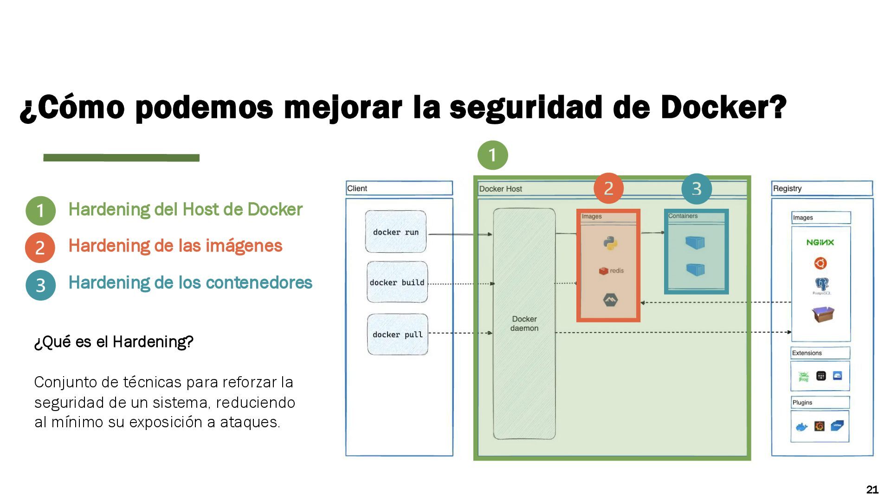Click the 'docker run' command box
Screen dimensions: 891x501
pyautogui.click(x=395, y=232)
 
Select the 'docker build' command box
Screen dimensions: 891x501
pyautogui.click(x=397, y=282)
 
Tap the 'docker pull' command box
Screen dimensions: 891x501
pyautogui.click(x=397, y=334)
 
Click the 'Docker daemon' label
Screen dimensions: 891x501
pyautogui.click(x=524, y=323)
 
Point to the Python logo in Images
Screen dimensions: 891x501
pyautogui.click(x=610, y=243)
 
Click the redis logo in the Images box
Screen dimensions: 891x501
pyautogui.click(x=611, y=271)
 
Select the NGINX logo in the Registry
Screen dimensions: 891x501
pyautogui.click(x=820, y=242)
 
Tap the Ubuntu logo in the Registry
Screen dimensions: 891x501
pyautogui.click(x=820, y=263)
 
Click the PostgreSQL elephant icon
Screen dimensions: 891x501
pyautogui.click(x=821, y=285)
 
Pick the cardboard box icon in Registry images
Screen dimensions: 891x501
pyautogui.click(x=823, y=314)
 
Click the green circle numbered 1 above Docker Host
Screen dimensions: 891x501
pyautogui.click(x=492, y=155)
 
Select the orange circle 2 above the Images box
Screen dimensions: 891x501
pyautogui.click(x=608, y=188)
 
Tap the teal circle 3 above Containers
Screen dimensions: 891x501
pyautogui.click(x=696, y=188)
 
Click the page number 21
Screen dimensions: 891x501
pyautogui.click(x=872, y=489)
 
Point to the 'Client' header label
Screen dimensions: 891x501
pyautogui.click(x=357, y=188)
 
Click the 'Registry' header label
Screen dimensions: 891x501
pyautogui.click(x=787, y=188)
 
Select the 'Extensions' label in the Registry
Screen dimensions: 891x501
pyautogui.click(x=807, y=353)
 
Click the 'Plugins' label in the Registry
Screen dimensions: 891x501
pyautogui.click(x=802, y=403)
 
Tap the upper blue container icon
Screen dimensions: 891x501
pyautogui.click(x=695, y=242)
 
